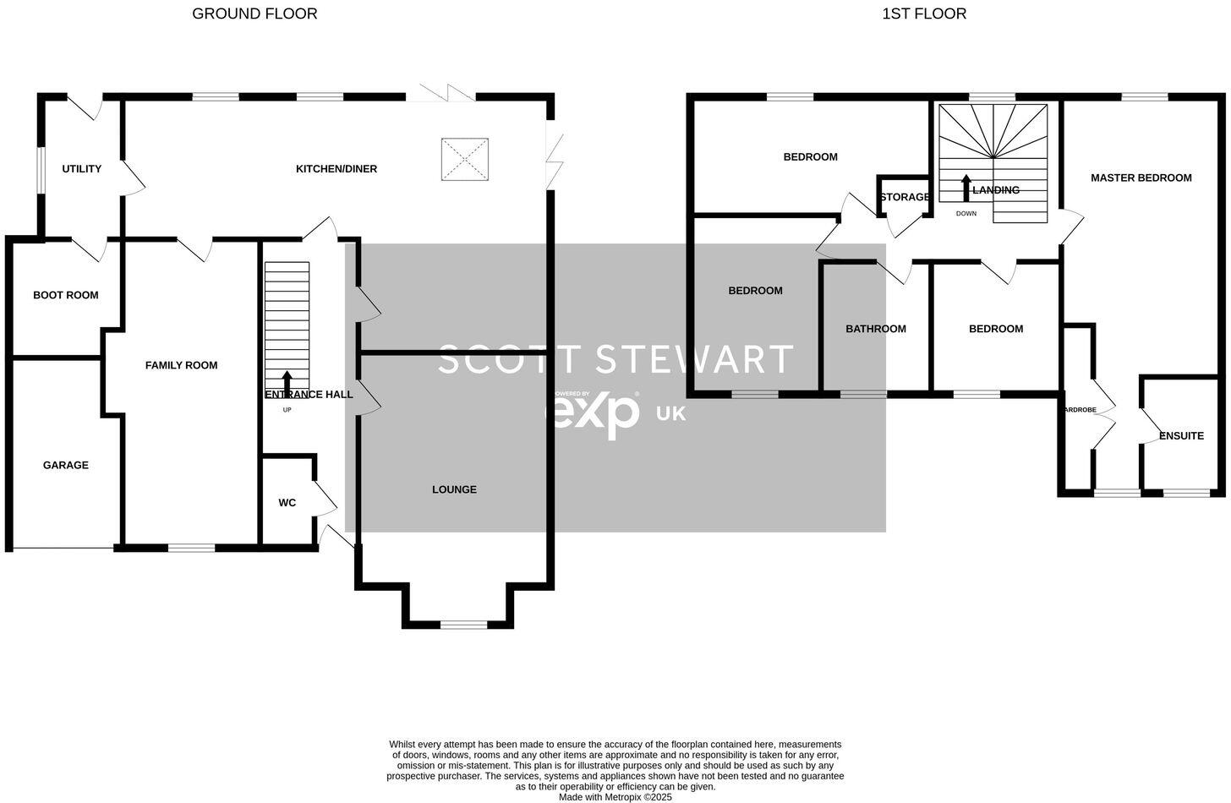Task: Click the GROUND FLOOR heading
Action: pos(254,14)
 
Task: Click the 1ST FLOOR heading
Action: pos(924,14)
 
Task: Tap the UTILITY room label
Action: pos(81,169)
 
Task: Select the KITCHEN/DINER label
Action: pos(336,169)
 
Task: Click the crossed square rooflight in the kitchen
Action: pos(465,159)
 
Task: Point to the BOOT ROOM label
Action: pos(66,295)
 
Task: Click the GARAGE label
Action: pos(66,465)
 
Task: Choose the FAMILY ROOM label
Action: pos(182,365)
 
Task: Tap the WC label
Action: pos(287,503)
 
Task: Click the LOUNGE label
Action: pos(454,489)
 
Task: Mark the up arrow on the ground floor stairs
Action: pos(287,383)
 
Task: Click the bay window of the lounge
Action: pos(463,625)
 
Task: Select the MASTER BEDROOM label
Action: pos(1141,178)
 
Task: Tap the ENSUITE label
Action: pos(1181,436)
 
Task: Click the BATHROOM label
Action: pos(876,329)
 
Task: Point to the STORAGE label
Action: pos(905,197)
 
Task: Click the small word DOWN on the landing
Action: pos(966,214)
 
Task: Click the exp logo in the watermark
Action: pos(597,413)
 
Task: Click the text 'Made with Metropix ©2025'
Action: pos(615,796)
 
